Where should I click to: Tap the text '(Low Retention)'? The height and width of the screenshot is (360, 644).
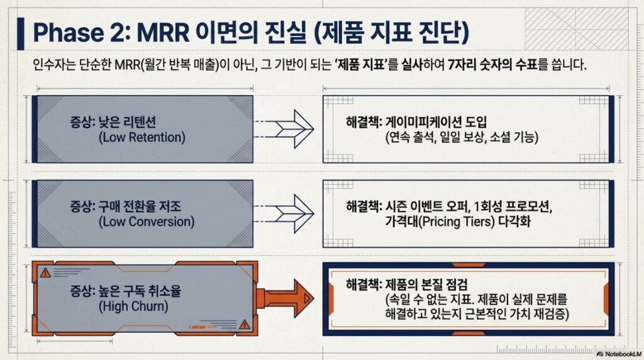(x=142, y=137)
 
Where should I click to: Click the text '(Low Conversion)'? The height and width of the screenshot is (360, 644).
(x=147, y=222)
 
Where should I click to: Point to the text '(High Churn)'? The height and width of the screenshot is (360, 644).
(x=133, y=306)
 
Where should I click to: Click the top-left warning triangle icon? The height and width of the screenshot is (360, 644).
(x=45, y=273)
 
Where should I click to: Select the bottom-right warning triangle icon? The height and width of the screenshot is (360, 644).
(x=245, y=325)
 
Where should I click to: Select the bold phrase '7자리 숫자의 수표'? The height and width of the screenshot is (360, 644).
(x=492, y=65)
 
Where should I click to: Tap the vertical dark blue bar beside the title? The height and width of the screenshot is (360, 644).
(x=21, y=34)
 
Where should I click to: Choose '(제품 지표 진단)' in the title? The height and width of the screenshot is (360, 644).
(x=391, y=33)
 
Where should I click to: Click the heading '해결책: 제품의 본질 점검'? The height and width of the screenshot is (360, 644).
(x=407, y=284)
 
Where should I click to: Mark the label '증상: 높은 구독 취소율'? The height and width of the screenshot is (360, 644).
(x=126, y=291)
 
